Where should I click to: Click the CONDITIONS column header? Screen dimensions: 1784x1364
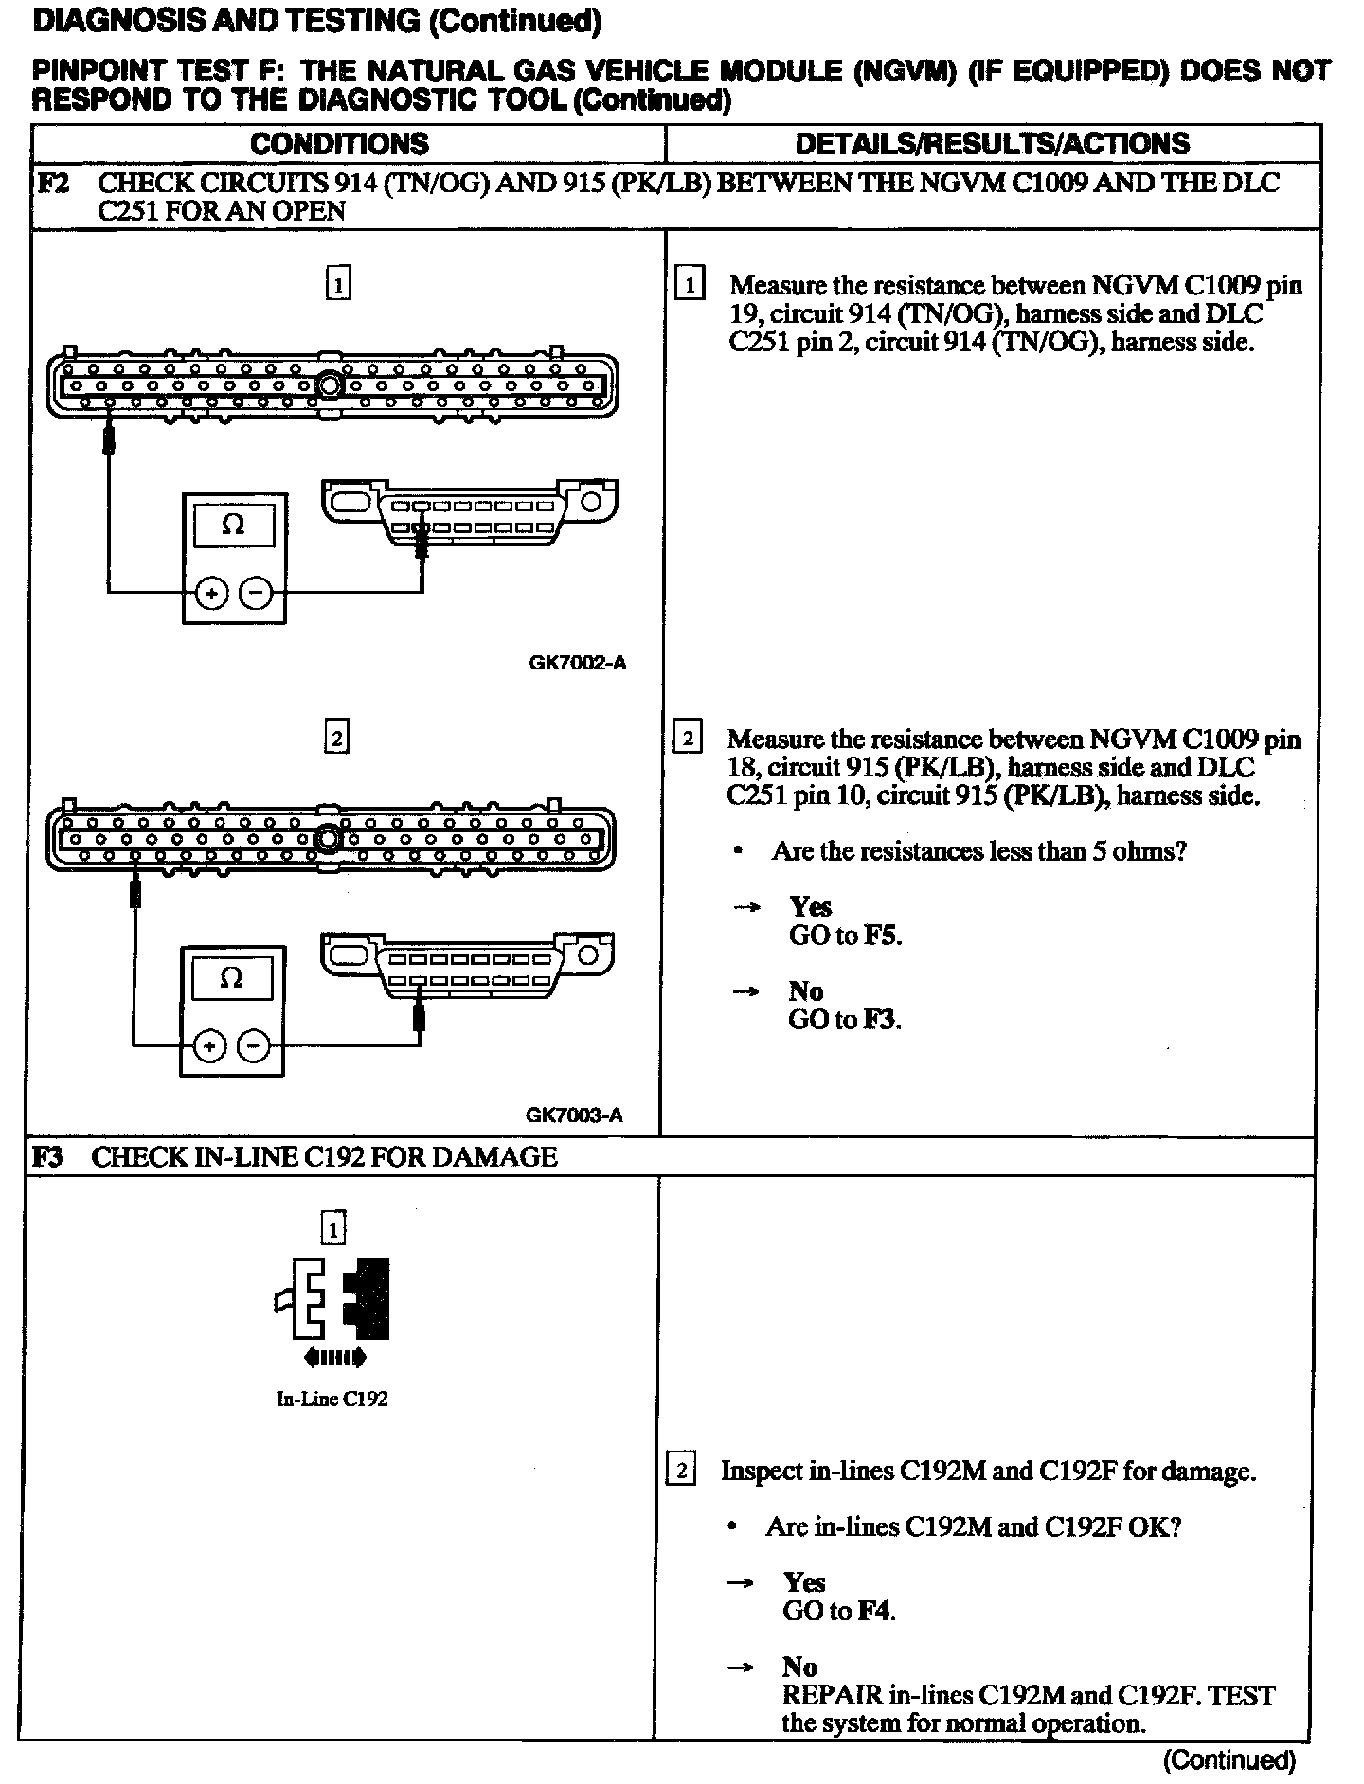tap(339, 144)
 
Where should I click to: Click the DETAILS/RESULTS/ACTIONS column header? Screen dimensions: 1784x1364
tap(992, 144)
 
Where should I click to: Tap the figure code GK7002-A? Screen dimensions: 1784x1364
tap(577, 663)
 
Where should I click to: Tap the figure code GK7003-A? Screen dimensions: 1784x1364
tap(574, 1115)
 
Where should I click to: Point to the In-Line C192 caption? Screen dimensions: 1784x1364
tap(332, 1399)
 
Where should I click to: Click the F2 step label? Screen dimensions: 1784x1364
tap(52, 183)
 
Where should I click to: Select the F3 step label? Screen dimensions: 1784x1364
tap(48, 1156)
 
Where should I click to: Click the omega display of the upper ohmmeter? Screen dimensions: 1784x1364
tap(233, 525)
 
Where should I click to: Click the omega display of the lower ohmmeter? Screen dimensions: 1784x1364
tap(231, 977)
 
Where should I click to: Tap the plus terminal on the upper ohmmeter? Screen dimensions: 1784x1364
tap(211, 594)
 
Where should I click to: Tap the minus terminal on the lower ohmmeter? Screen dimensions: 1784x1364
tap(253, 1046)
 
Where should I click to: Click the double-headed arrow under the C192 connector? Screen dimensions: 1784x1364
tap(334, 1358)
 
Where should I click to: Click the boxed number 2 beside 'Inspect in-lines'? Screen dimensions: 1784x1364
tap(681, 1471)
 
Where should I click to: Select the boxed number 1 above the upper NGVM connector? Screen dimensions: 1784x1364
tap(337, 283)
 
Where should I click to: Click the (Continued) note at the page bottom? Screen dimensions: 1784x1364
tap(1229, 1759)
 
